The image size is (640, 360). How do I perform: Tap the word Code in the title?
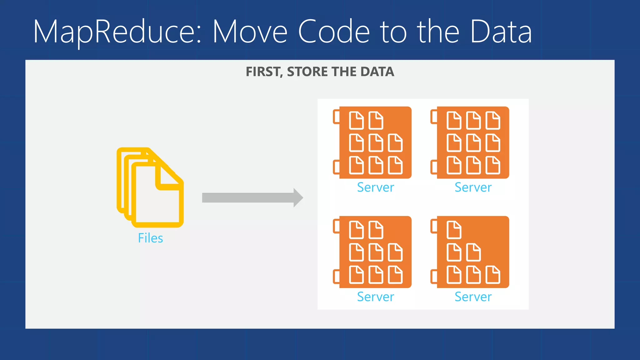point(334,31)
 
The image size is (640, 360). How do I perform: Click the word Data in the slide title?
point(501,31)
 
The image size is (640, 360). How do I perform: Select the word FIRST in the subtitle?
point(264,72)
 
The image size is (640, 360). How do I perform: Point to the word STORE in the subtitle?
point(307,72)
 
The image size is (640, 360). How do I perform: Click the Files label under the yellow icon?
point(150,238)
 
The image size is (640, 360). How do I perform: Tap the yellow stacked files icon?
point(150,187)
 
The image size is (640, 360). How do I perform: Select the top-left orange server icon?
point(375,142)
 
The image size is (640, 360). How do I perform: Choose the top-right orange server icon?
point(473,142)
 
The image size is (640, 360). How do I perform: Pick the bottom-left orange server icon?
point(375,252)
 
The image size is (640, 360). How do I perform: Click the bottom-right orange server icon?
point(473,252)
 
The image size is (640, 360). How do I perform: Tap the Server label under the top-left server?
point(375,187)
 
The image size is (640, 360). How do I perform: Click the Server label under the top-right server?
point(473,187)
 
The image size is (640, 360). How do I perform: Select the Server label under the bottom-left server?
point(375,297)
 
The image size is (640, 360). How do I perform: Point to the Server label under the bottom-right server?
point(473,297)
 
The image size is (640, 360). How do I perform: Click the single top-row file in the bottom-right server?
point(454,230)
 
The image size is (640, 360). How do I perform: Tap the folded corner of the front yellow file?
point(169,178)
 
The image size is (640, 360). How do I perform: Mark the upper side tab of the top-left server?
point(336,117)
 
